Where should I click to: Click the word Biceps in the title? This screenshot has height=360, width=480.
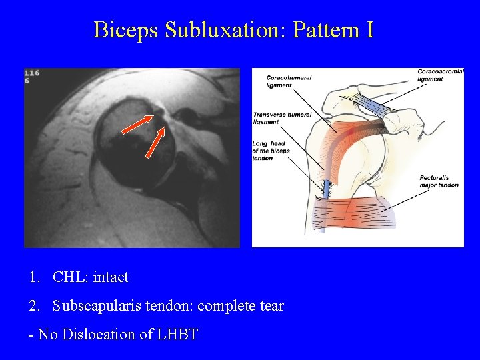pyautogui.click(x=127, y=30)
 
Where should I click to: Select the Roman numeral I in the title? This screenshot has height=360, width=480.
pyautogui.click(x=369, y=30)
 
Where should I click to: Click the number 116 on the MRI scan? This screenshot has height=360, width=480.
pyautogui.click(x=31, y=73)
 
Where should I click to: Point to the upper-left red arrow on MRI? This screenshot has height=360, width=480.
pyautogui.click(x=137, y=124)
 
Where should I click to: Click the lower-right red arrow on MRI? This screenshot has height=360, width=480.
pyautogui.click(x=155, y=142)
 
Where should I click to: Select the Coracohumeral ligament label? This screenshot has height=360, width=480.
pyautogui.click(x=289, y=81)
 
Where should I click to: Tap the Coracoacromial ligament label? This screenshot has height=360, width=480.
pyautogui.click(x=440, y=75)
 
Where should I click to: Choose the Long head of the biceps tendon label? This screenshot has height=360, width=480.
pyautogui.click(x=271, y=151)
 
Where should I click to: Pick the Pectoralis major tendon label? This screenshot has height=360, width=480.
pyautogui.click(x=439, y=181)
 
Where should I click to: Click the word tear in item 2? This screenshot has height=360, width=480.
pyautogui.click(x=272, y=306)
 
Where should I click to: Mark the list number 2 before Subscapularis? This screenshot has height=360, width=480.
pyautogui.click(x=33, y=306)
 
